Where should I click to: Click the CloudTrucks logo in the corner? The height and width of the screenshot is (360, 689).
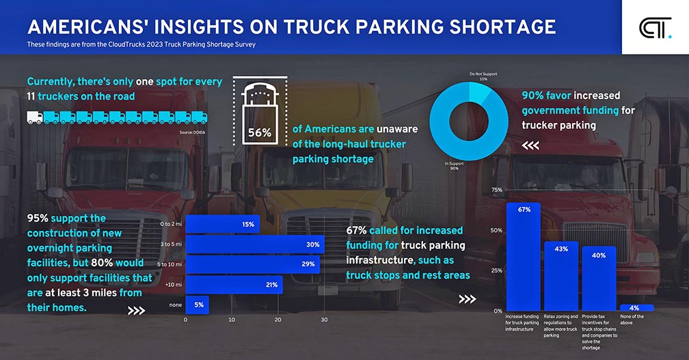[x=655, y=28]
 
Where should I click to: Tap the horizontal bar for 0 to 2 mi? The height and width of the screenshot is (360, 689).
[x=222, y=224]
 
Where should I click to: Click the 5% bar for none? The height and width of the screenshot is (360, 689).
[x=197, y=305]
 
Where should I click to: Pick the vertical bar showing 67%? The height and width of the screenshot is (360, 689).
[x=524, y=256]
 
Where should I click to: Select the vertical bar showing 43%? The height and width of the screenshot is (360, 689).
[x=561, y=276]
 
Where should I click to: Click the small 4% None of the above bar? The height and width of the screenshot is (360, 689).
[x=636, y=308]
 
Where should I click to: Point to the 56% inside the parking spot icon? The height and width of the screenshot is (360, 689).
[x=259, y=133]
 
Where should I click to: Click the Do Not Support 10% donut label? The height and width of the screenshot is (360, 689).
[x=483, y=76]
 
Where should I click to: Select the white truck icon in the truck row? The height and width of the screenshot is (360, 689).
[x=34, y=117]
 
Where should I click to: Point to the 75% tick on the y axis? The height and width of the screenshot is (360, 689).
[x=497, y=190]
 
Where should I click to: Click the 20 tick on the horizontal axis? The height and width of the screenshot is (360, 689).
[x=278, y=320]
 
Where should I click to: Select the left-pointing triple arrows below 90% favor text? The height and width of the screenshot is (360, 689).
[x=531, y=145]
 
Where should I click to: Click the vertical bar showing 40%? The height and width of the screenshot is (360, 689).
[x=599, y=278]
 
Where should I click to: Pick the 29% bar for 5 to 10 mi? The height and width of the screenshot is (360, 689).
[x=252, y=264]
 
